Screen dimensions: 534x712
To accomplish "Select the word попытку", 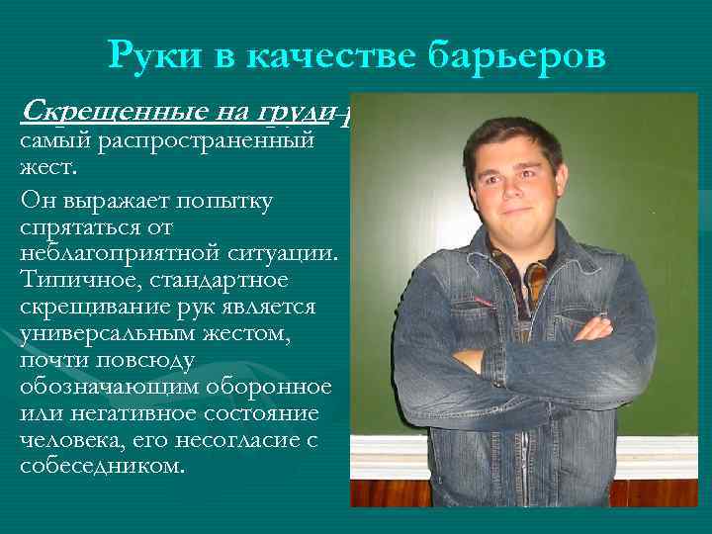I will pos(225,203).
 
